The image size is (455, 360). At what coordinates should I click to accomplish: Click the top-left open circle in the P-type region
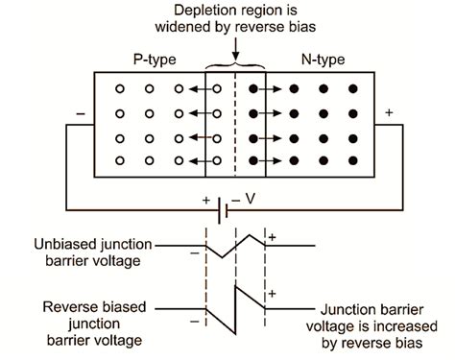pos(119,89)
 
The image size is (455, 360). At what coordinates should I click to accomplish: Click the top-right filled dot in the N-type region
pos(352,89)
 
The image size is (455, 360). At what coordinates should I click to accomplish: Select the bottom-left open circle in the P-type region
pos(119,159)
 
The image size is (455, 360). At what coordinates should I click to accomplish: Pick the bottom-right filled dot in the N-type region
pos(352,159)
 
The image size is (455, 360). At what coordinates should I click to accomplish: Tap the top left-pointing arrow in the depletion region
pos(200,89)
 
